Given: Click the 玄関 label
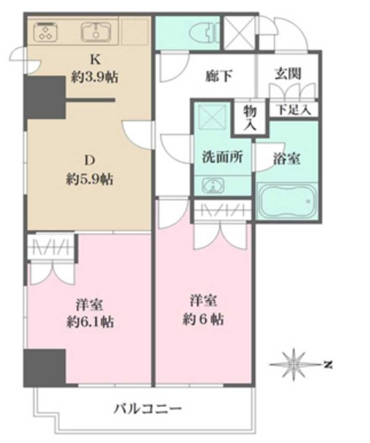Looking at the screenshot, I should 287,73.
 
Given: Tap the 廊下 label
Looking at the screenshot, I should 220,75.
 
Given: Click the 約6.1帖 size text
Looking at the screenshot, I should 89,322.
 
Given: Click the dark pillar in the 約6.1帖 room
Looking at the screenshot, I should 44,366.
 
